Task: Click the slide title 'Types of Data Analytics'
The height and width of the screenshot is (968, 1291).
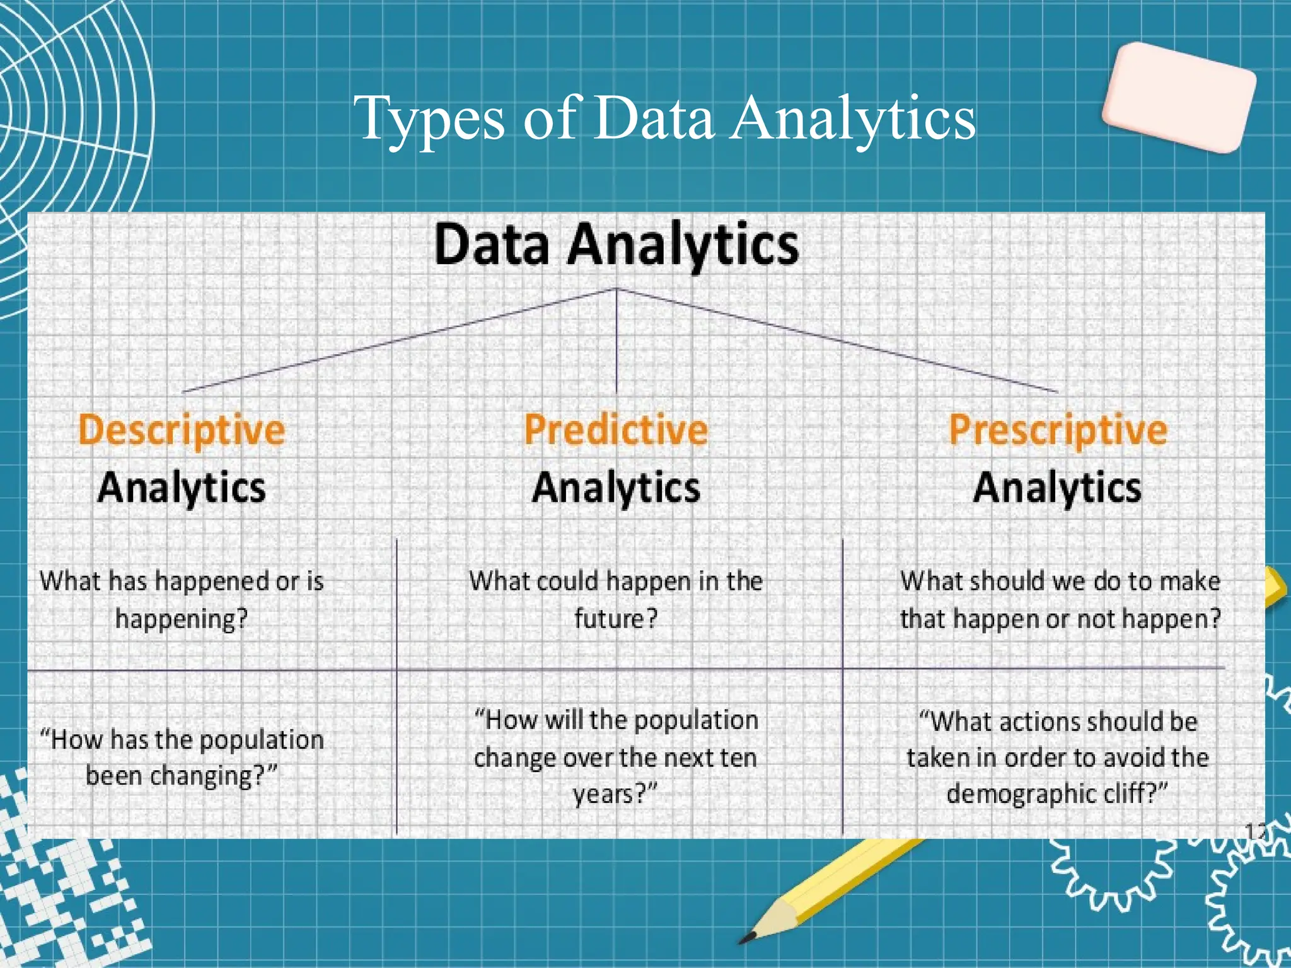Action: pos(664,118)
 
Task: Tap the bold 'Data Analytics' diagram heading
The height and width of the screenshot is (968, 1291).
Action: pos(617,245)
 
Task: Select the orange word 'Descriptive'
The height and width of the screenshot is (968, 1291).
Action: pos(182,430)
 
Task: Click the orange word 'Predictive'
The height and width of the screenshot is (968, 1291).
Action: pos(616,430)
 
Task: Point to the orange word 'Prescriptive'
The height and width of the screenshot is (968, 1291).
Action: pos(1058,430)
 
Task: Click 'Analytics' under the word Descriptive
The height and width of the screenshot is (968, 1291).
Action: pos(182,488)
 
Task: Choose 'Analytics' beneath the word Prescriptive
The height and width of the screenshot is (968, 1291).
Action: pos(1057,488)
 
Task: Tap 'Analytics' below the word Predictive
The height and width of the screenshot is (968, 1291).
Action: pos(616,488)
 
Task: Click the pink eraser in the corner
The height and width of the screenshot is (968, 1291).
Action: pos(1179,98)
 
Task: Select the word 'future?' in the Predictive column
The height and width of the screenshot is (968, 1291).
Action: pos(616,619)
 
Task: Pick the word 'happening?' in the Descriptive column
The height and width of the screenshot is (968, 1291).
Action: pos(182,619)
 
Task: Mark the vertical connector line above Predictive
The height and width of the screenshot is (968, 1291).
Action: pos(616,340)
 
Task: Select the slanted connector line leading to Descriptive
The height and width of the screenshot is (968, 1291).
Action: pos(397,341)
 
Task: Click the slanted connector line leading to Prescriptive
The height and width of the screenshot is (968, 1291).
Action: pos(838,341)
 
